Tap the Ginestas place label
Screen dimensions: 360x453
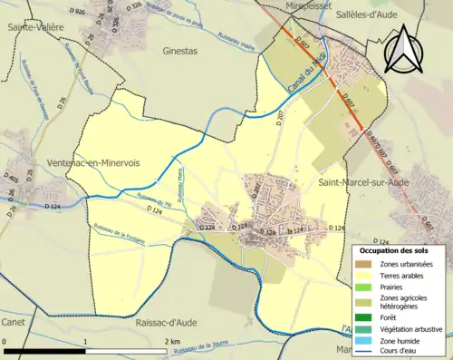coord(179,52)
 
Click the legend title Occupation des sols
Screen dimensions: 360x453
coord(400,249)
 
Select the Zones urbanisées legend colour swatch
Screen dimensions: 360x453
coord(367,263)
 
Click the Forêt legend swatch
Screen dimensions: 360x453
coord(367,317)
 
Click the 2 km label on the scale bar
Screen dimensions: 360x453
coord(172,340)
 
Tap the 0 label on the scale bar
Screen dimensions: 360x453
coord(5,340)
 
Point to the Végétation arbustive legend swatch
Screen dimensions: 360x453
coord(367,328)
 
